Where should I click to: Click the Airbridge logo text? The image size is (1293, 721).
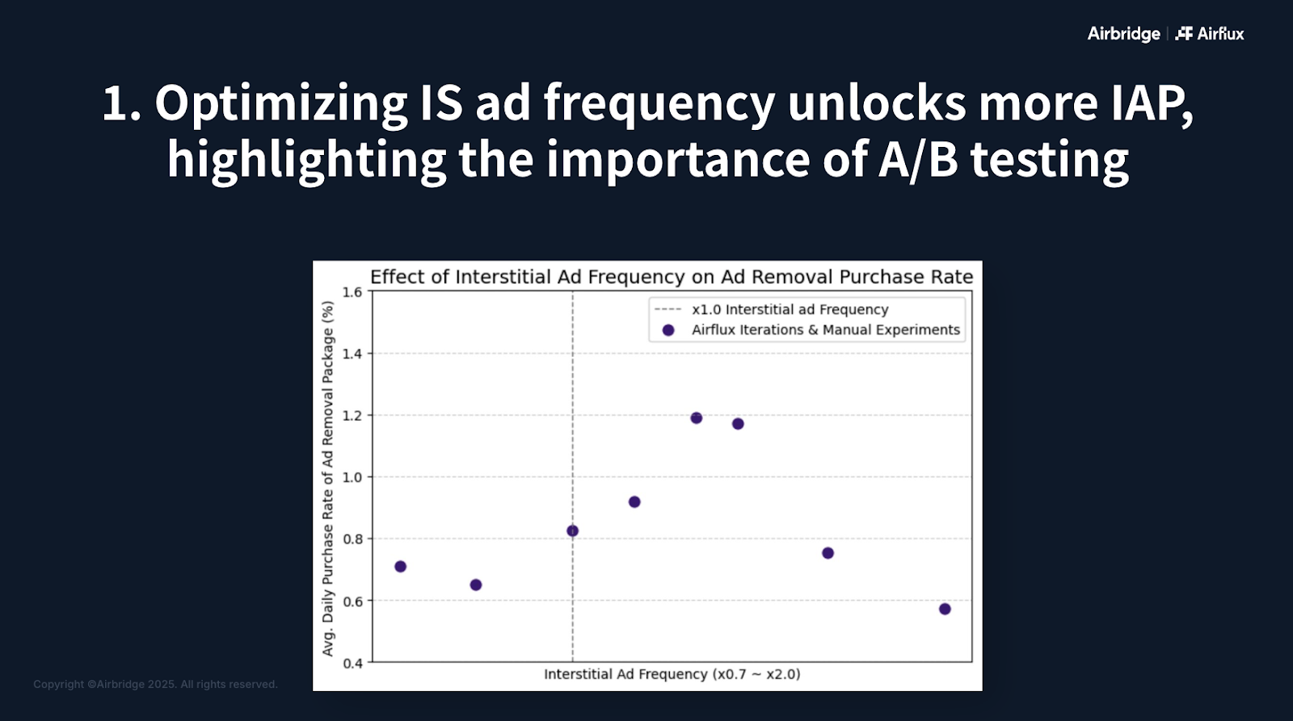[x=1123, y=34]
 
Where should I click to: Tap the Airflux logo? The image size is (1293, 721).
[x=1210, y=34]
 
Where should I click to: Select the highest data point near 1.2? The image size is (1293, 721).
[x=696, y=418]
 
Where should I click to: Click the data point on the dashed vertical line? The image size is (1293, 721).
[x=573, y=531]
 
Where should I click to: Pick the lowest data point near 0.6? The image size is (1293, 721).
[x=945, y=609]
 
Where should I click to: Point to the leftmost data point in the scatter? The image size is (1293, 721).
[x=401, y=567]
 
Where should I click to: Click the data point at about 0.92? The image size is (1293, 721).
[x=634, y=502]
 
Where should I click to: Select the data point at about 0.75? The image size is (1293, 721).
[x=828, y=553]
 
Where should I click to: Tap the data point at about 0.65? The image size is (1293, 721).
[x=476, y=585]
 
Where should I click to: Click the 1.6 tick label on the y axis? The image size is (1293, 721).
[x=352, y=292]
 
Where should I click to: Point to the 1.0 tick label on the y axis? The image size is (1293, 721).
[x=352, y=478]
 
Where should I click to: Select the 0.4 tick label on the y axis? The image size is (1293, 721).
[x=352, y=664]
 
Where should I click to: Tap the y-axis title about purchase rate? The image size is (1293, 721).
[x=328, y=479]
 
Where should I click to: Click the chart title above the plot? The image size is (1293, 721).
[x=672, y=278]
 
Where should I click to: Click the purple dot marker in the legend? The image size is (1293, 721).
[x=668, y=330]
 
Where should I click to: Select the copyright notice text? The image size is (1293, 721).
[x=155, y=684]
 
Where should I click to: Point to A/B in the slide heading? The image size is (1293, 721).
[x=918, y=159]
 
